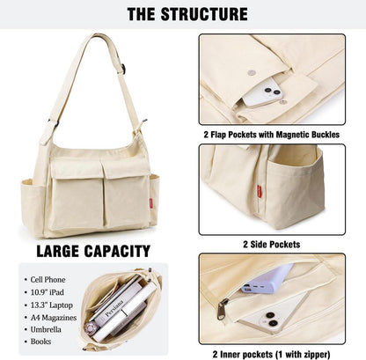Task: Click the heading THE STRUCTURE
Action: (x=187, y=14)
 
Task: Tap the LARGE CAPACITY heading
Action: (x=93, y=251)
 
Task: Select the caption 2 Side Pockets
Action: (x=272, y=245)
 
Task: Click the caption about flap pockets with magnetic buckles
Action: (x=272, y=135)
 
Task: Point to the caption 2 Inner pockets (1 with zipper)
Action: (x=272, y=354)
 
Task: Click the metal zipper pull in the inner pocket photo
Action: (x=223, y=309)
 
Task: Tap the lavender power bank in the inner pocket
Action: (x=267, y=279)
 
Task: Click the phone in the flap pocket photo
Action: (x=263, y=92)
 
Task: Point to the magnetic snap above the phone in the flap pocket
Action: (x=251, y=72)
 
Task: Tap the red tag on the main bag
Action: (x=151, y=203)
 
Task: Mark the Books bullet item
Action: (x=40, y=342)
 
